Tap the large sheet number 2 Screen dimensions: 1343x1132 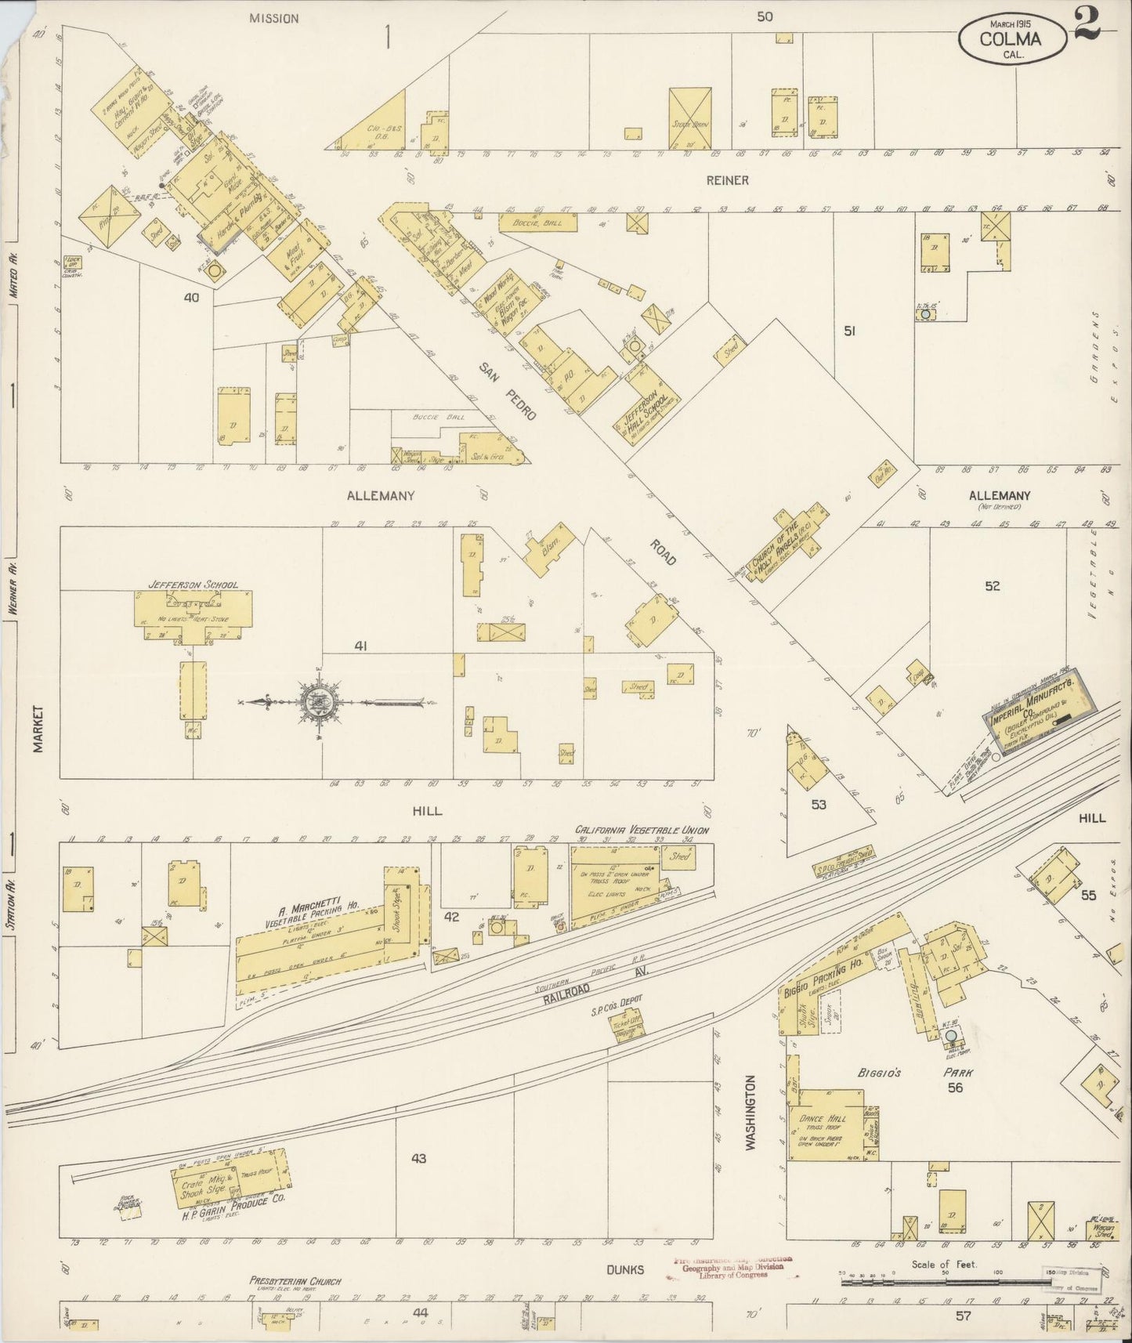(1087, 21)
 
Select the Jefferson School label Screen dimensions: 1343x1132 (193, 585)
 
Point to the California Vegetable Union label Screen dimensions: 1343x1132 (642, 830)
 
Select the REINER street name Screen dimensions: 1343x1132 (727, 180)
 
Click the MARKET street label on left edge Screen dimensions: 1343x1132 (38, 728)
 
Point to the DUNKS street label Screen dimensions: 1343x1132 (624, 1269)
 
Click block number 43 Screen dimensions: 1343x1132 (418, 1158)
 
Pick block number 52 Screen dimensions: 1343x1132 (992, 585)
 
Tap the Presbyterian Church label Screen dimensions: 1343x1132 (295, 1282)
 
